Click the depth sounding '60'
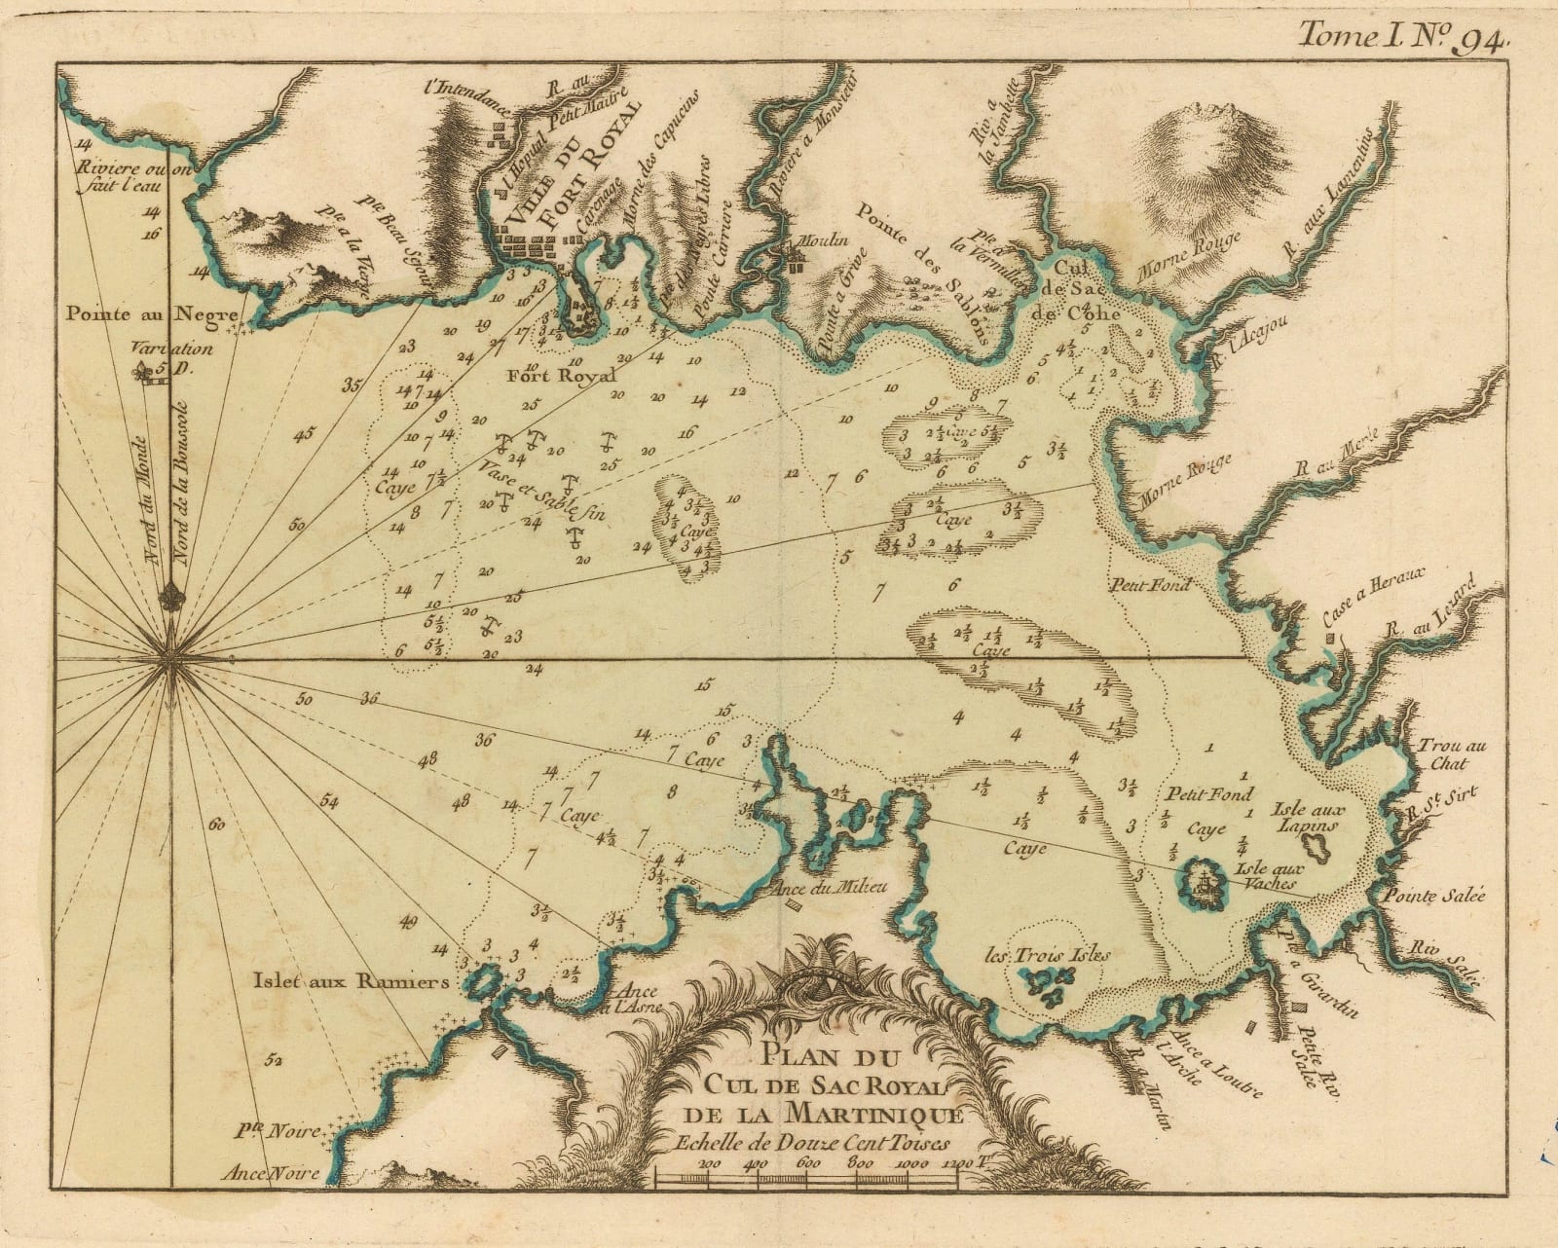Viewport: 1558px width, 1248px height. pyautogui.click(x=216, y=825)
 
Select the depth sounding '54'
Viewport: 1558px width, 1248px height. pyautogui.click(x=329, y=802)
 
